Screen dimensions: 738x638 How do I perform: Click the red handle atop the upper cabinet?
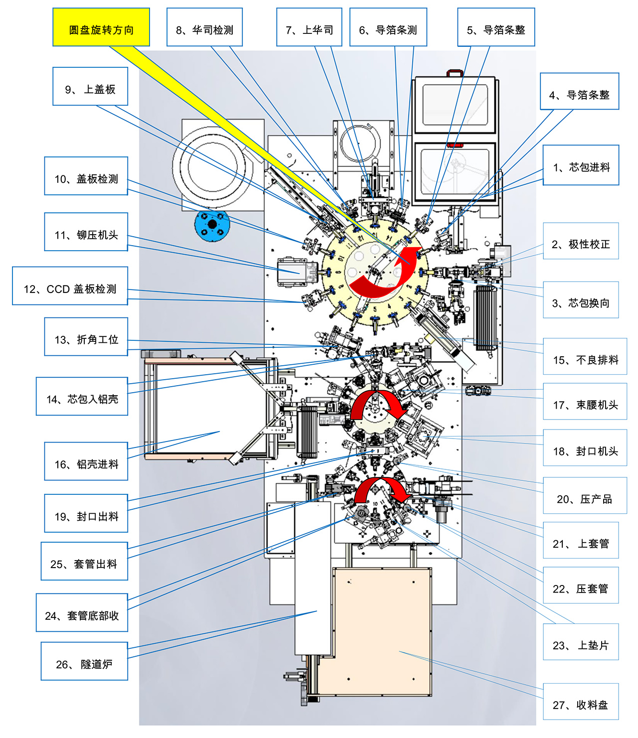(x=455, y=73)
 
